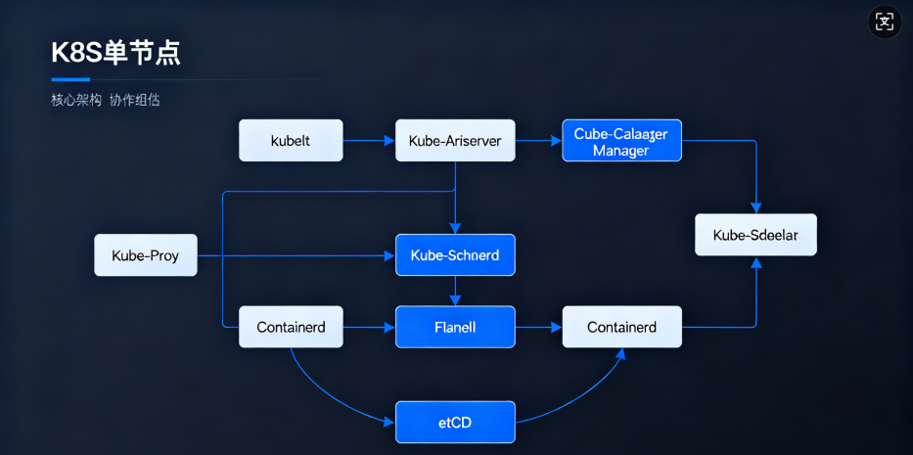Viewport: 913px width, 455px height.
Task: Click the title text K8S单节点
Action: click(115, 53)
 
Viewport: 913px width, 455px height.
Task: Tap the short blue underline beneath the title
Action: click(70, 79)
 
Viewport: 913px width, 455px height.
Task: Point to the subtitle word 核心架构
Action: click(76, 100)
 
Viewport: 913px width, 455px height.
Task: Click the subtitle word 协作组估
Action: click(134, 100)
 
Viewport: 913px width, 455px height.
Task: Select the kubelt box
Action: click(291, 141)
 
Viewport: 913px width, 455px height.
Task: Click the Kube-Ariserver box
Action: click(454, 141)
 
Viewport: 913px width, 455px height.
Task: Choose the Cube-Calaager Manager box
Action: click(621, 141)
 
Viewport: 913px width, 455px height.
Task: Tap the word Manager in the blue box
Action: click(620, 151)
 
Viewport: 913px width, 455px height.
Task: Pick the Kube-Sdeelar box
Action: click(755, 235)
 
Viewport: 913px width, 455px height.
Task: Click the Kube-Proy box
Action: click(146, 255)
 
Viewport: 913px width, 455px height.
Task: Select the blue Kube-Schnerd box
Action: click(454, 255)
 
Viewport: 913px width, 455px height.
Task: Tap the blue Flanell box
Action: click(454, 327)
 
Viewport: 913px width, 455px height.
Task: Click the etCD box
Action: click(454, 423)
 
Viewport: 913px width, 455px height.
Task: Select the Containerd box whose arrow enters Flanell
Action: click(291, 327)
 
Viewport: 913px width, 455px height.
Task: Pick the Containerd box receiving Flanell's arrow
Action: click(621, 327)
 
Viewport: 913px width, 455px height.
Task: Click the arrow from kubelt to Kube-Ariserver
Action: click(369, 141)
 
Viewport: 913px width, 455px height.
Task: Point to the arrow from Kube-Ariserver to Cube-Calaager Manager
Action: click(538, 141)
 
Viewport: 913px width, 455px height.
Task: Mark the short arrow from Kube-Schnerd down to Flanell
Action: click(454, 291)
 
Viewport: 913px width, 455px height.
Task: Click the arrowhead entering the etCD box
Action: click(389, 422)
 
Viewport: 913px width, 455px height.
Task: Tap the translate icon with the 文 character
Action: click(885, 22)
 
